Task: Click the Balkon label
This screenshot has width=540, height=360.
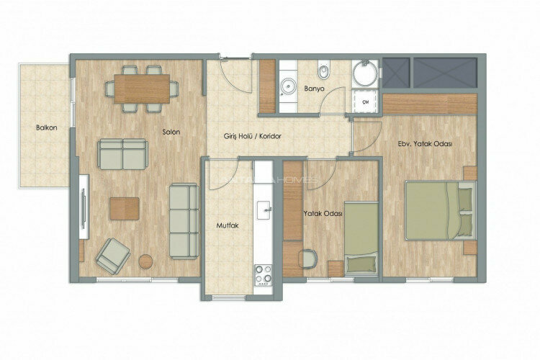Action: pos(47,128)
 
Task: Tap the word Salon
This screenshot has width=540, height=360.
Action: pos(171,132)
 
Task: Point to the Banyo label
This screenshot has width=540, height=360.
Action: pos(314,89)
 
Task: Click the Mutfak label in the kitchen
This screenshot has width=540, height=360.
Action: pos(227,225)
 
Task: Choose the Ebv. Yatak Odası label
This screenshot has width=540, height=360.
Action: pos(424,144)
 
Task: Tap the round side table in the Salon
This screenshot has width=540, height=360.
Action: pos(146,261)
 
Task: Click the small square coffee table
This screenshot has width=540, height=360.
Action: pos(124,208)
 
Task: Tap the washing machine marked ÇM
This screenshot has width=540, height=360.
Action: pos(366,102)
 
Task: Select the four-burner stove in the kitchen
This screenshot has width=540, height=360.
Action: pos(263,274)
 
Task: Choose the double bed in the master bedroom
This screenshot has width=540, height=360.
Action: pos(438,210)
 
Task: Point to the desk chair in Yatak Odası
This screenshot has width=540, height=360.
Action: pos(308,258)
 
